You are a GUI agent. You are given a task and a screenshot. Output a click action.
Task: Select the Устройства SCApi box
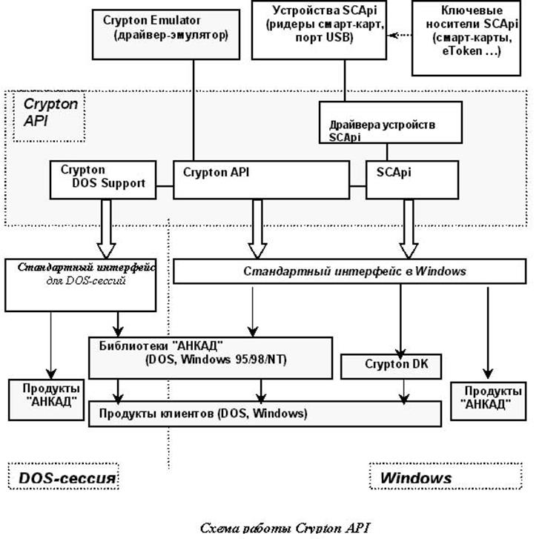(319, 30)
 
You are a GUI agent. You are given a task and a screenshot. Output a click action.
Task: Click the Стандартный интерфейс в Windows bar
(354, 271)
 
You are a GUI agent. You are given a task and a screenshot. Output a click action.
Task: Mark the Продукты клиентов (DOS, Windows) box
(265, 414)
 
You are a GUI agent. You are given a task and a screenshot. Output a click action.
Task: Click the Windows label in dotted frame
(416, 477)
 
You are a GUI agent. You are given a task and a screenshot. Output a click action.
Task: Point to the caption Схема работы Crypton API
(285, 528)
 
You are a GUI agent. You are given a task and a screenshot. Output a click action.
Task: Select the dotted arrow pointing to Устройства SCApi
(400, 34)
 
